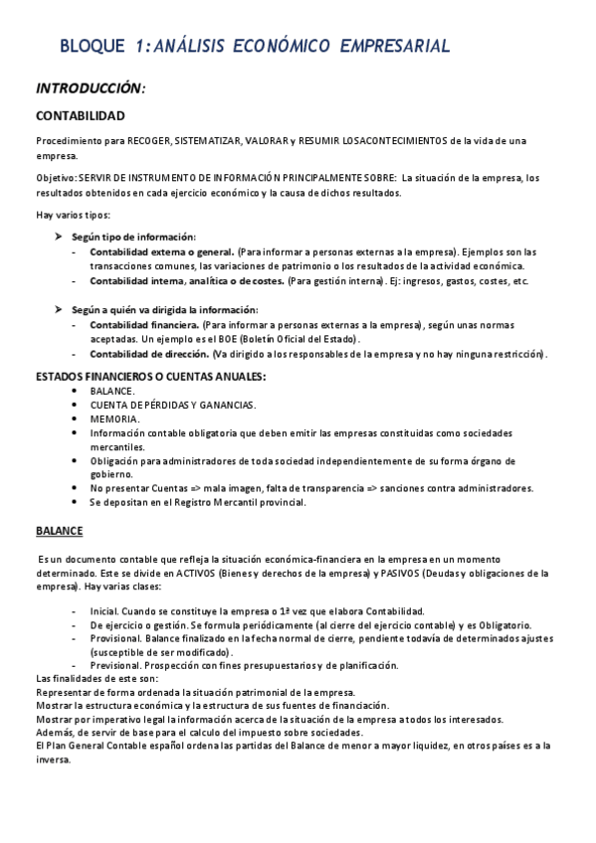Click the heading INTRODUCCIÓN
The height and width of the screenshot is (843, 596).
[91, 88]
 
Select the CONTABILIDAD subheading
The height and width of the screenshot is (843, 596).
[80, 117]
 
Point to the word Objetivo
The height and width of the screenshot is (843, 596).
[55, 178]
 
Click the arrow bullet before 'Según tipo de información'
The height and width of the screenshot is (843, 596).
[59, 237]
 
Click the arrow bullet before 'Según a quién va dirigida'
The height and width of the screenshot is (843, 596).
[59, 310]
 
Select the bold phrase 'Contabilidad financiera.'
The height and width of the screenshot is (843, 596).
[144, 325]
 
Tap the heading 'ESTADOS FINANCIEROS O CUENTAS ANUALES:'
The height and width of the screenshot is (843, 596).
[150, 378]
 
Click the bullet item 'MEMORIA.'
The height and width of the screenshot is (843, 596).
[114, 419]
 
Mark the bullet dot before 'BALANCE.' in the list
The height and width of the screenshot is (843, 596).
[78, 392]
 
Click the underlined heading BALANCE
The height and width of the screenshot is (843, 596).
[60, 531]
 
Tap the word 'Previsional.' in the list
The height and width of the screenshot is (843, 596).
[114, 665]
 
